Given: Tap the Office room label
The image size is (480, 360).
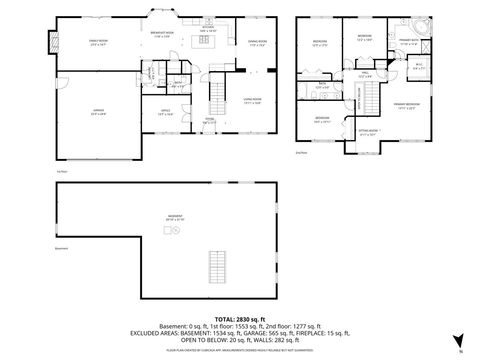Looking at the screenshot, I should [166, 113].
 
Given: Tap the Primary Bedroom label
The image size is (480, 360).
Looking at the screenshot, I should [405, 106].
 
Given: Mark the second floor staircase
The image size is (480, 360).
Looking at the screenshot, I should [375, 98].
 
